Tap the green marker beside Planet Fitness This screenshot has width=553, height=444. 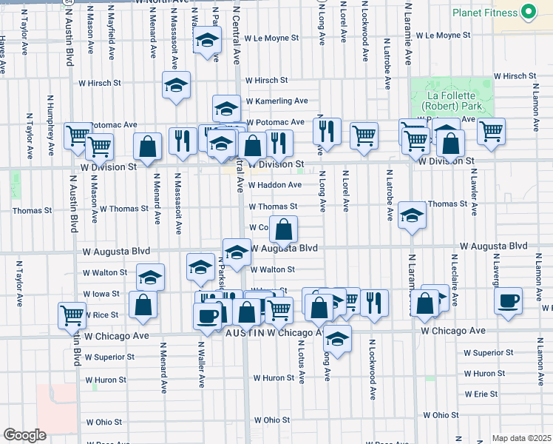[x=528, y=12]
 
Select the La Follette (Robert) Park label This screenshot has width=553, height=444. [x=450, y=101]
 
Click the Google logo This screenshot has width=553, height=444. [x=24, y=434]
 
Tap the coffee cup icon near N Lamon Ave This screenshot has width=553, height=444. [x=508, y=301]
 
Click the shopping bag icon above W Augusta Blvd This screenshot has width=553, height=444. [x=283, y=229]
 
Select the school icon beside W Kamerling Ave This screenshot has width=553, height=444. [x=226, y=109]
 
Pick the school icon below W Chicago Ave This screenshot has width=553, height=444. [x=338, y=339]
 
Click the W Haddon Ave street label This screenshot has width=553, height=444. [x=275, y=185]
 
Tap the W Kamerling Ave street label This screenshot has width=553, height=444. [x=276, y=101]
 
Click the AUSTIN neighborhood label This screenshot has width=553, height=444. [x=245, y=334]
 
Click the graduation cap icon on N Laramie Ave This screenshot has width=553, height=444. [x=412, y=215]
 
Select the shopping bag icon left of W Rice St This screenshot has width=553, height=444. [x=143, y=304]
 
